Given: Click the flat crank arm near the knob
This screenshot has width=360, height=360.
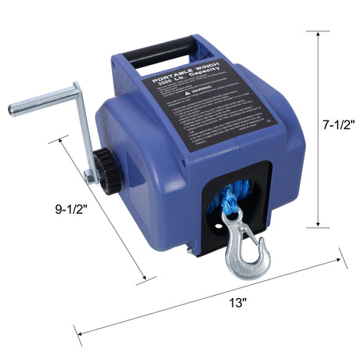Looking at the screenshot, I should pos(82,137).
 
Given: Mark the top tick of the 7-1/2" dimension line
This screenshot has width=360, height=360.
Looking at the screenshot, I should pos(318,31).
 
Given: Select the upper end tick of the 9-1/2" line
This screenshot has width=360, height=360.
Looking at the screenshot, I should pos(56,141).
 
